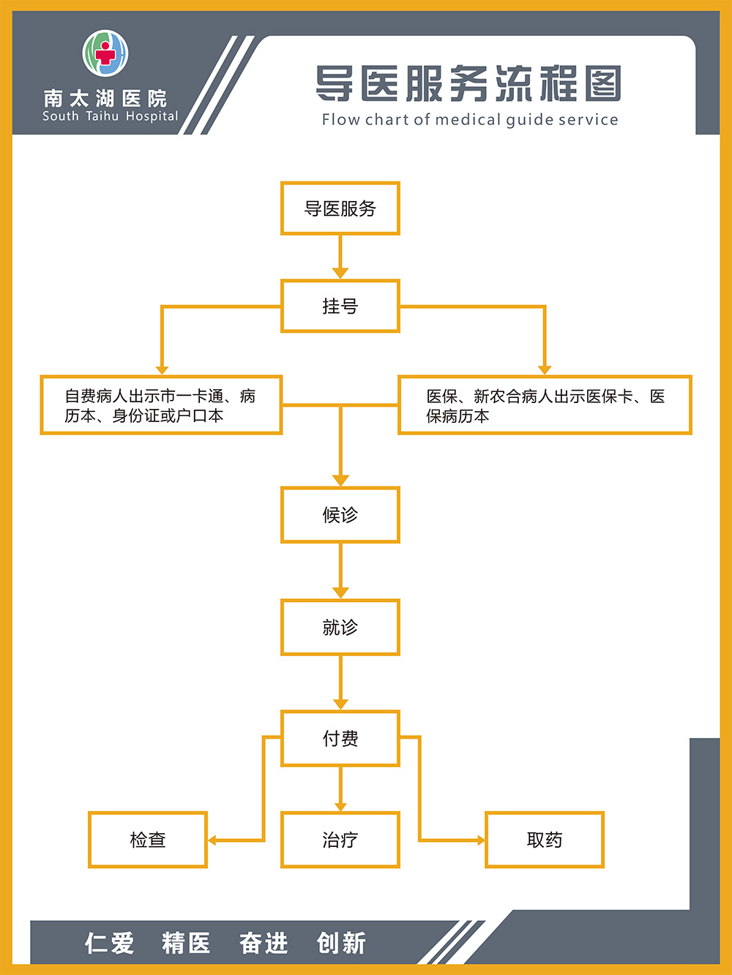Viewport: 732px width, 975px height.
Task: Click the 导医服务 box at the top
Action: pyautogui.click(x=340, y=208)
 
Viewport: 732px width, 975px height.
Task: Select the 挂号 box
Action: pyautogui.click(x=340, y=306)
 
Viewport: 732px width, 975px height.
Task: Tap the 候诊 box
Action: pyautogui.click(x=340, y=515)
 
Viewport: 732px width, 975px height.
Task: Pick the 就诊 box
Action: pyautogui.click(x=340, y=627)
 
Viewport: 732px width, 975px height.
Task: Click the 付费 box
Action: pyautogui.click(x=340, y=738)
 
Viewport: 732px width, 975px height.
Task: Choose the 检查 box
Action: pyautogui.click(x=148, y=840)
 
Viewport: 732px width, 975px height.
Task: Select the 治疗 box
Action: pyautogui.click(x=340, y=840)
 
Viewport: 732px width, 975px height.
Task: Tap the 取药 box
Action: pyautogui.click(x=545, y=840)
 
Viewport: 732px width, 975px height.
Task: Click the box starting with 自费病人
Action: pyautogui.click(x=161, y=405)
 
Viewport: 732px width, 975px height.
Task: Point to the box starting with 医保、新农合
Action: pyautogui.click(x=545, y=405)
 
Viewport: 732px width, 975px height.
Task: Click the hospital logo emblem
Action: pyautogui.click(x=105, y=53)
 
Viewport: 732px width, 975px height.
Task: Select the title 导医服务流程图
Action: pyautogui.click(x=468, y=83)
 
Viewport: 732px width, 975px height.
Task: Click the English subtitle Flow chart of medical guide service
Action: pyautogui.click(x=470, y=119)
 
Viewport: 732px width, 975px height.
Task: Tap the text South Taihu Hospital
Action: pyautogui.click(x=111, y=116)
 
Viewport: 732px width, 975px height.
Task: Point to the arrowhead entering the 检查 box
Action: pyautogui.click(x=212, y=840)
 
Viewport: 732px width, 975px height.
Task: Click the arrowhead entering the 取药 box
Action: pyautogui.click(x=481, y=840)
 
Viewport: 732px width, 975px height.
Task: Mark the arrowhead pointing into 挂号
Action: pyautogui.click(x=340, y=274)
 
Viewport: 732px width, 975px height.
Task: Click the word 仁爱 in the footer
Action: pyautogui.click(x=110, y=943)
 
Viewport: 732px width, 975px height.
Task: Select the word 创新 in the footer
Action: pyautogui.click(x=341, y=943)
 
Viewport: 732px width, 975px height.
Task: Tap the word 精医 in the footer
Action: pyautogui.click(x=187, y=943)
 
